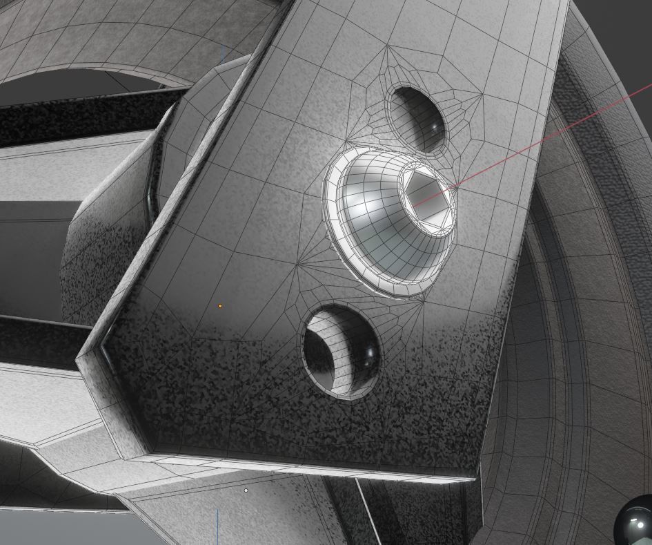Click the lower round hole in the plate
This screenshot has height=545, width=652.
pos(342,352)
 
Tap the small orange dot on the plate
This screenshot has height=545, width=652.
pos(220,305)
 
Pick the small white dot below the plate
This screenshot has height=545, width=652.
pos(246,490)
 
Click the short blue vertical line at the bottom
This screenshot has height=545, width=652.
pos(218,525)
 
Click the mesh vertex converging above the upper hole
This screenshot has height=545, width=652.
pos(388,47)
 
